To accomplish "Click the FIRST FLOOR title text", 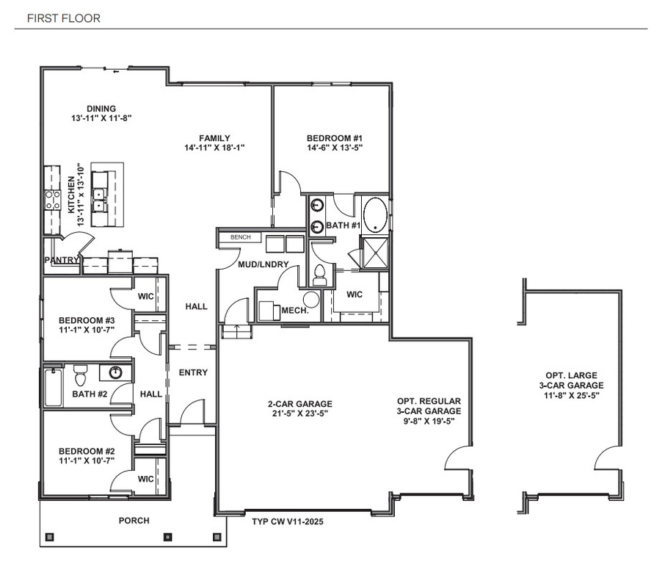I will [x=63, y=18].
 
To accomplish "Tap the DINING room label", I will [x=101, y=109].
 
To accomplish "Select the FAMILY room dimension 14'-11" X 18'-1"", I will [x=214, y=148].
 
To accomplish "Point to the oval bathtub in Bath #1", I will [x=376, y=214].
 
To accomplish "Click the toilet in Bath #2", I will [x=81, y=375].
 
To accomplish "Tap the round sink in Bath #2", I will [x=115, y=373].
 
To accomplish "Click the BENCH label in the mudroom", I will [x=240, y=238].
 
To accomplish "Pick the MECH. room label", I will [x=294, y=311].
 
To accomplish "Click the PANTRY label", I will [x=62, y=260].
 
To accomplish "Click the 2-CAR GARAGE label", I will [x=299, y=404].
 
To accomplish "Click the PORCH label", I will [x=134, y=521].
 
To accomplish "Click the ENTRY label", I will [x=193, y=373].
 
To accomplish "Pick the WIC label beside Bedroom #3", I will [x=145, y=297].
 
